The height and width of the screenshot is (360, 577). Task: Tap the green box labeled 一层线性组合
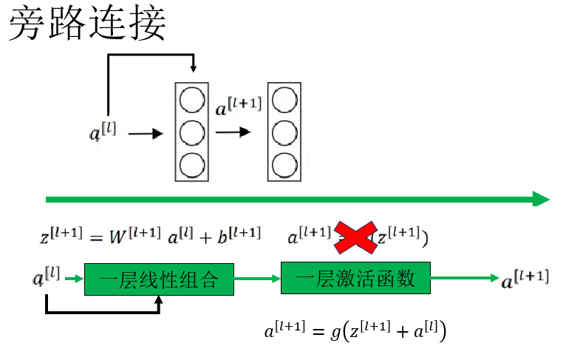pos(159,279)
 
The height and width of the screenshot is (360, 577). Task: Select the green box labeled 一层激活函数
pos(355,279)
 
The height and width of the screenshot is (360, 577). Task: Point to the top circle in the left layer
pos(192,100)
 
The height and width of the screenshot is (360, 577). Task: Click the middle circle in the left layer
pos(192,133)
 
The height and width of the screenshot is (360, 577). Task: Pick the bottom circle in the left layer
pos(192,166)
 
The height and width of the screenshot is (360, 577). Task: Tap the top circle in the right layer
pos(284,100)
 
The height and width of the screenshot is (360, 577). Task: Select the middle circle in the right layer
pos(284,133)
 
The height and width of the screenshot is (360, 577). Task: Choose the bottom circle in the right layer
pos(284,166)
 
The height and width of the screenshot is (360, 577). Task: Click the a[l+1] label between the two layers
pos(238,108)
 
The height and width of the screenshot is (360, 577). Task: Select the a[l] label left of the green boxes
pos(47,278)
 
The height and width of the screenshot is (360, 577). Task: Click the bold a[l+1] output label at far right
pos(525,279)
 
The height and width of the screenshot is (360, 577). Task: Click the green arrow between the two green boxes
pos(257,279)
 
